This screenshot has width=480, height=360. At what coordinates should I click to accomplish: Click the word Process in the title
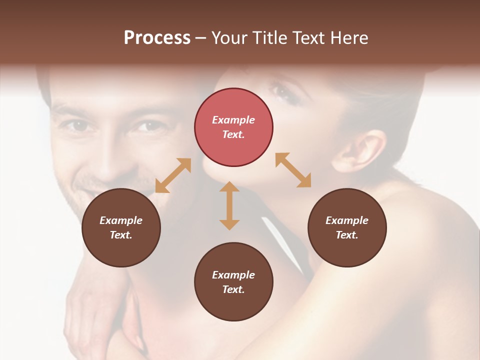157,38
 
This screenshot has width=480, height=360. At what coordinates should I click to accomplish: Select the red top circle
233,127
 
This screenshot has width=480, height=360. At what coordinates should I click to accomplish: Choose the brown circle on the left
121,227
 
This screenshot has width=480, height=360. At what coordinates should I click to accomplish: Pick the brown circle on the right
347,227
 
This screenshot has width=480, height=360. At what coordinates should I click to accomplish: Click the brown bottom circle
233,282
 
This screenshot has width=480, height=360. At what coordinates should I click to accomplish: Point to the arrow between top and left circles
173,175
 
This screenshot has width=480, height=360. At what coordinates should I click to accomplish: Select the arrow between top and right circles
293,170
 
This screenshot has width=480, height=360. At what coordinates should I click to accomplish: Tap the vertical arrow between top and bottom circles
229,205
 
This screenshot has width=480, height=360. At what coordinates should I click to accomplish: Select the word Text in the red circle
233,134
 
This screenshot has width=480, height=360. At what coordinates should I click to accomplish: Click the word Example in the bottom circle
233,274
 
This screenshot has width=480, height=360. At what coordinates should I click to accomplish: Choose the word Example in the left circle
121,220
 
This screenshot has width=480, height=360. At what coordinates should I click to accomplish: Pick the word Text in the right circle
347,235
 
